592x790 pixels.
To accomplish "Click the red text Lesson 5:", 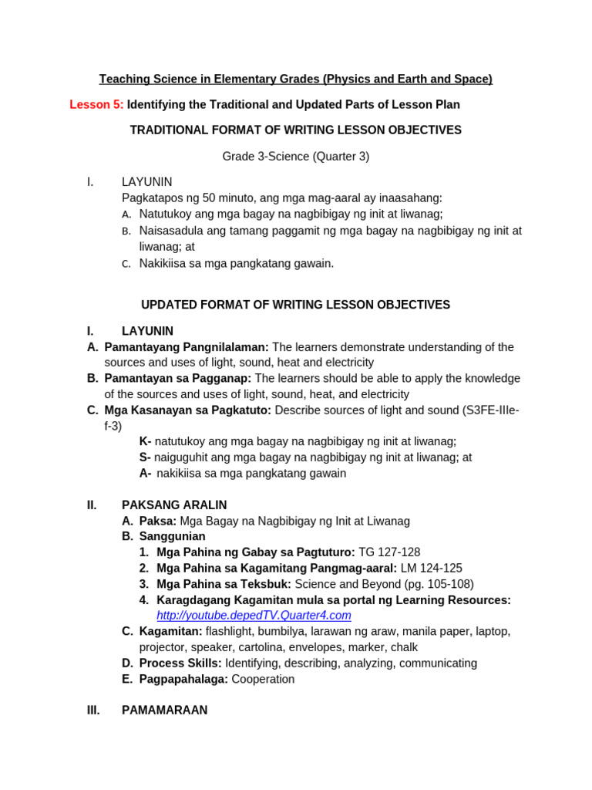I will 96,104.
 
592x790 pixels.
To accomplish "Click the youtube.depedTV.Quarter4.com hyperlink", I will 254,615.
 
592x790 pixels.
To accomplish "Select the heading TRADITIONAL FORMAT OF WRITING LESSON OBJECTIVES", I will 295,130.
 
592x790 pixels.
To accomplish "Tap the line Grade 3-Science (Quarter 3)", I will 295,157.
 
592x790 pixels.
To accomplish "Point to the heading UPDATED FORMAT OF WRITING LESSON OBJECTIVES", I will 295,305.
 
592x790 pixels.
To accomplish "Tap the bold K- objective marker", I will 145,441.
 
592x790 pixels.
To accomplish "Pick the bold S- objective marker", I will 145,457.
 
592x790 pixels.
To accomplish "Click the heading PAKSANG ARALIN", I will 174,505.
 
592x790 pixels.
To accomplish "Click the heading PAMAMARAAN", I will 164,711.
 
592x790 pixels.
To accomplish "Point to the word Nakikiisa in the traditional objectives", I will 164,263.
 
